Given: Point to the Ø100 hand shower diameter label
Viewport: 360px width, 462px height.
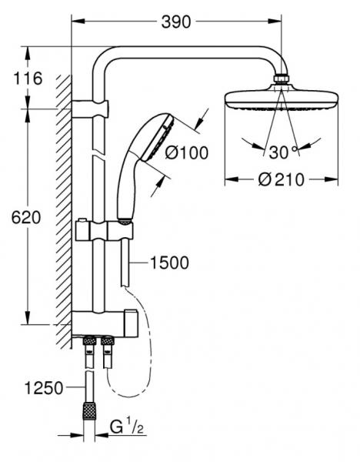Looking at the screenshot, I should [188, 153].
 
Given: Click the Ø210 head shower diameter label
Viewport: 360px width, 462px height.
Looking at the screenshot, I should [281, 179].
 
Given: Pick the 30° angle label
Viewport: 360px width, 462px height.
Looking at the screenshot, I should [282, 149].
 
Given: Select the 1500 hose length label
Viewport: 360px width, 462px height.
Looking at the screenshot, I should [168, 263].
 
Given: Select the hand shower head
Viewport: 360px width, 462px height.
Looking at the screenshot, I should [154, 142].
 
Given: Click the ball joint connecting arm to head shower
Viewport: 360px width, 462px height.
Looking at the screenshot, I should [282, 79].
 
